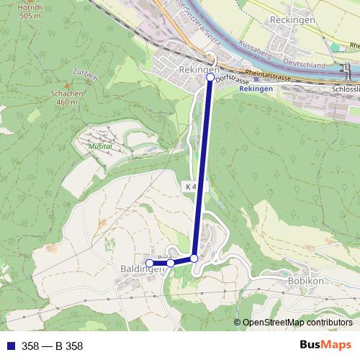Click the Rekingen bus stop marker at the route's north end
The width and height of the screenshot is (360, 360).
tap(210, 76)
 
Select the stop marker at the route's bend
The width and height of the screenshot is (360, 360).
tap(194, 258)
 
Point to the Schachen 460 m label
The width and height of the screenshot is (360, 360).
tap(68, 98)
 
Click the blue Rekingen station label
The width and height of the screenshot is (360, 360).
tap(256, 89)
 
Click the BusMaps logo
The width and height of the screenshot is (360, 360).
tap(325, 345)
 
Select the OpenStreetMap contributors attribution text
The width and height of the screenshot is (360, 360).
tap(297, 323)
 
